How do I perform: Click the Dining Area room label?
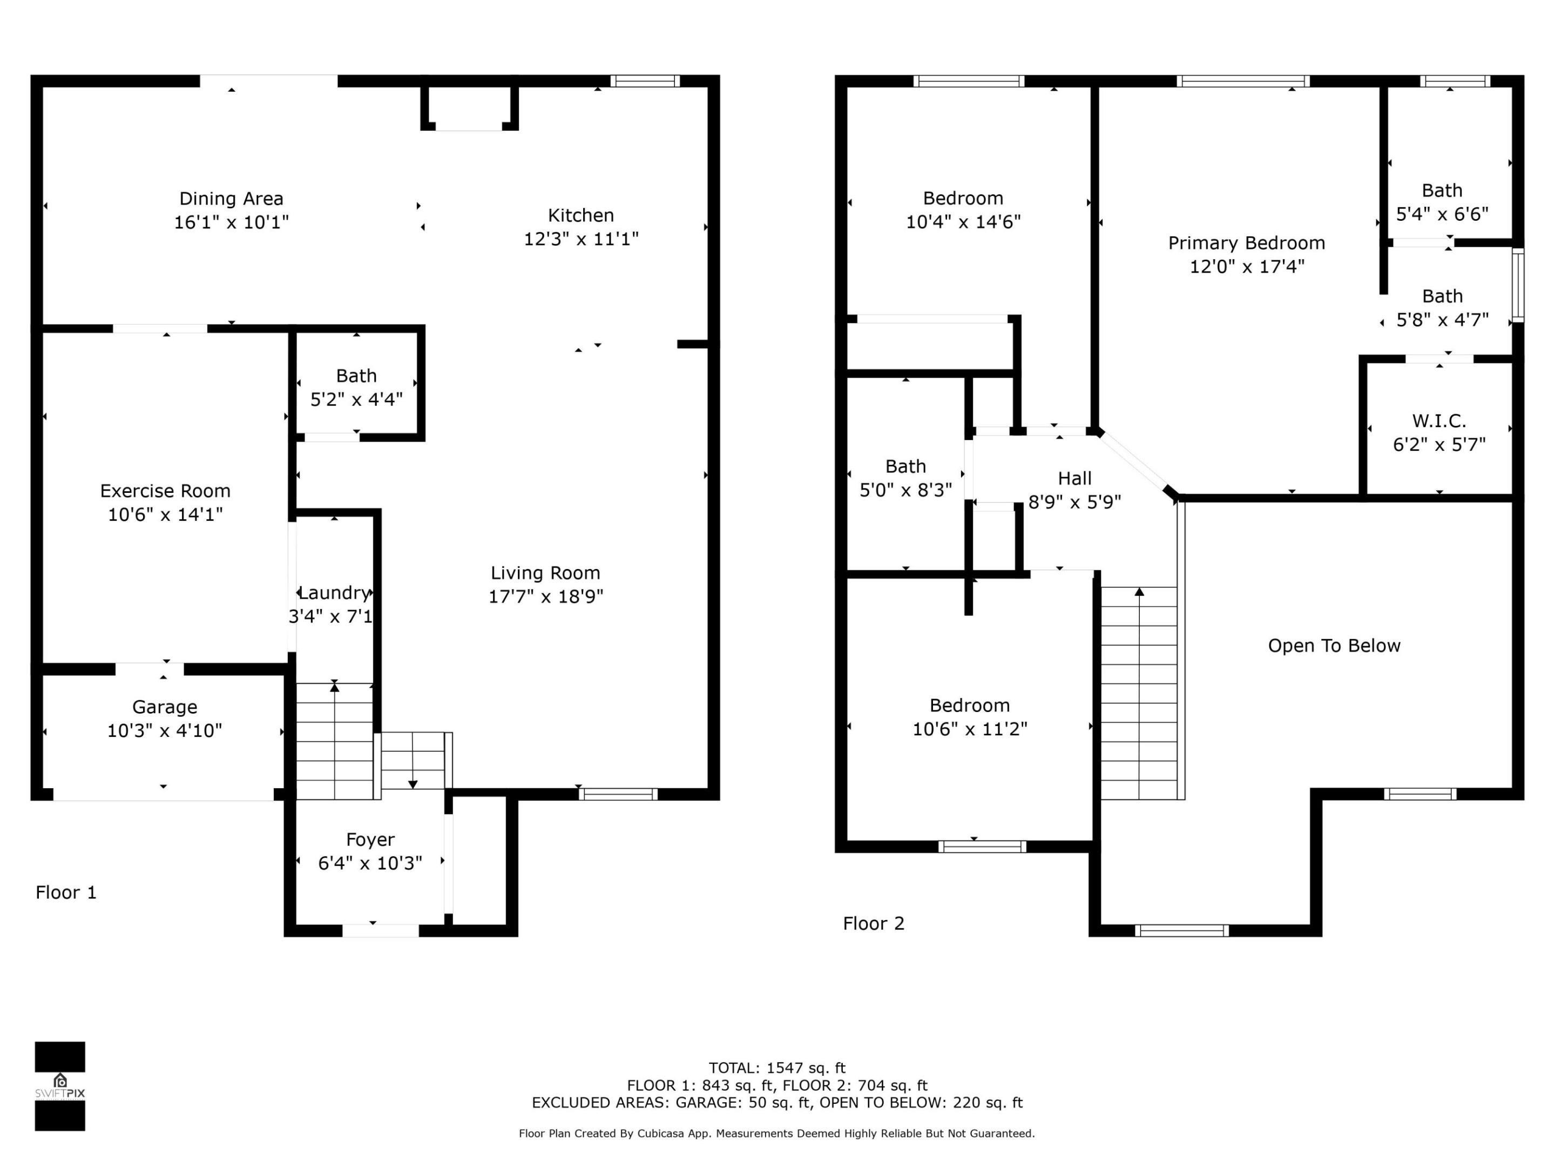[231, 199]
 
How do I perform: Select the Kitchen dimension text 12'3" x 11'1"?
[580, 239]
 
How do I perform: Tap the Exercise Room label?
[165, 491]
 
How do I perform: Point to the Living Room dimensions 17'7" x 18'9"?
[545, 596]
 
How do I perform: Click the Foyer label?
[370, 839]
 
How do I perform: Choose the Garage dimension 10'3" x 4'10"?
[165, 731]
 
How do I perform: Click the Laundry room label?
[334, 593]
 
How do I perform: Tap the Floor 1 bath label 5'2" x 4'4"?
[356, 399]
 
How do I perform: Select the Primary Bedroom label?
[1246, 243]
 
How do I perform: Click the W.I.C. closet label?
[1439, 421]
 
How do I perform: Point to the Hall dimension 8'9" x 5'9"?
[1074, 502]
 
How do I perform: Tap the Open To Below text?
[1334, 646]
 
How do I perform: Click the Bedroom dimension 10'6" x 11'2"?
[969, 729]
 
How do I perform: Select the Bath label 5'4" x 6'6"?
[1442, 214]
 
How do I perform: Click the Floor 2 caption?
[873, 924]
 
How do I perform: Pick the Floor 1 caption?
[66, 893]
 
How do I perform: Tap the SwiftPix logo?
[60, 1086]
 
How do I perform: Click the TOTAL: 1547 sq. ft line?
[777, 1068]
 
